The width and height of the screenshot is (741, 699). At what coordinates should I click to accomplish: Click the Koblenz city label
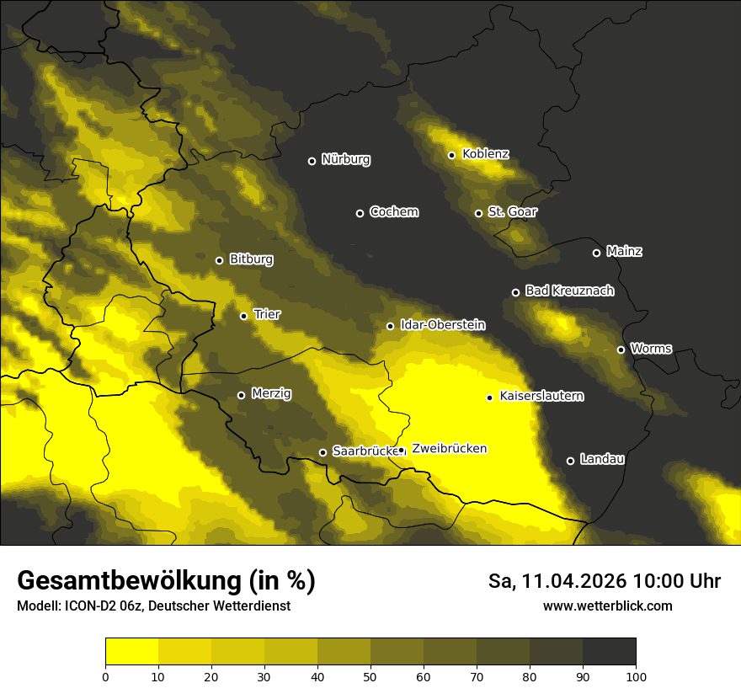click(486, 154)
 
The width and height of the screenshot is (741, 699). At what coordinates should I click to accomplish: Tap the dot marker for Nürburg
click(312, 161)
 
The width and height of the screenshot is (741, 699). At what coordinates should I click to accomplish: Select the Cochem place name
click(393, 212)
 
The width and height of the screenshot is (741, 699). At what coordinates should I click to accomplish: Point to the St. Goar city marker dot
click(478, 213)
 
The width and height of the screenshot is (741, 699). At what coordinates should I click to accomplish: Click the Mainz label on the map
click(624, 252)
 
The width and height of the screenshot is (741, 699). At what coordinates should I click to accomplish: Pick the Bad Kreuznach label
click(569, 291)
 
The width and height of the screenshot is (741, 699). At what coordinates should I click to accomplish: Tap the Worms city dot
click(621, 349)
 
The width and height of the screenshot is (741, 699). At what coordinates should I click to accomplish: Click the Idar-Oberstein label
click(442, 325)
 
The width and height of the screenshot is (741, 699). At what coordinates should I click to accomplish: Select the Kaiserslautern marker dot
click(489, 398)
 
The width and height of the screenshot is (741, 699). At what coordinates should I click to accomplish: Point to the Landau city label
click(602, 460)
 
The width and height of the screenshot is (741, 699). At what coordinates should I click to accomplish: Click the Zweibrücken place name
click(449, 449)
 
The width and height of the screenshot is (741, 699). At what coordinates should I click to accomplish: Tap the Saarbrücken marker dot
click(323, 452)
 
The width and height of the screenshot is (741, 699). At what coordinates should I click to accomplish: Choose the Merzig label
click(271, 394)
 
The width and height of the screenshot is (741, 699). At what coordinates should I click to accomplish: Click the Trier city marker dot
click(243, 316)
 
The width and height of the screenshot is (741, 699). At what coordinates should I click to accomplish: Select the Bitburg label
click(251, 259)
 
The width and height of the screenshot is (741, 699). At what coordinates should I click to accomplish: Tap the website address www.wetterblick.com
click(607, 606)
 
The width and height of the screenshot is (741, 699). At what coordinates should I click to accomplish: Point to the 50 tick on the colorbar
click(370, 675)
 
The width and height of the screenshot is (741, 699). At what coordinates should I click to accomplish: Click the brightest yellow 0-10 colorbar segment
click(131, 652)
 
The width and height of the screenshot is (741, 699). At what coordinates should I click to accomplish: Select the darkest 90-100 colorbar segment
click(609, 652)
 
